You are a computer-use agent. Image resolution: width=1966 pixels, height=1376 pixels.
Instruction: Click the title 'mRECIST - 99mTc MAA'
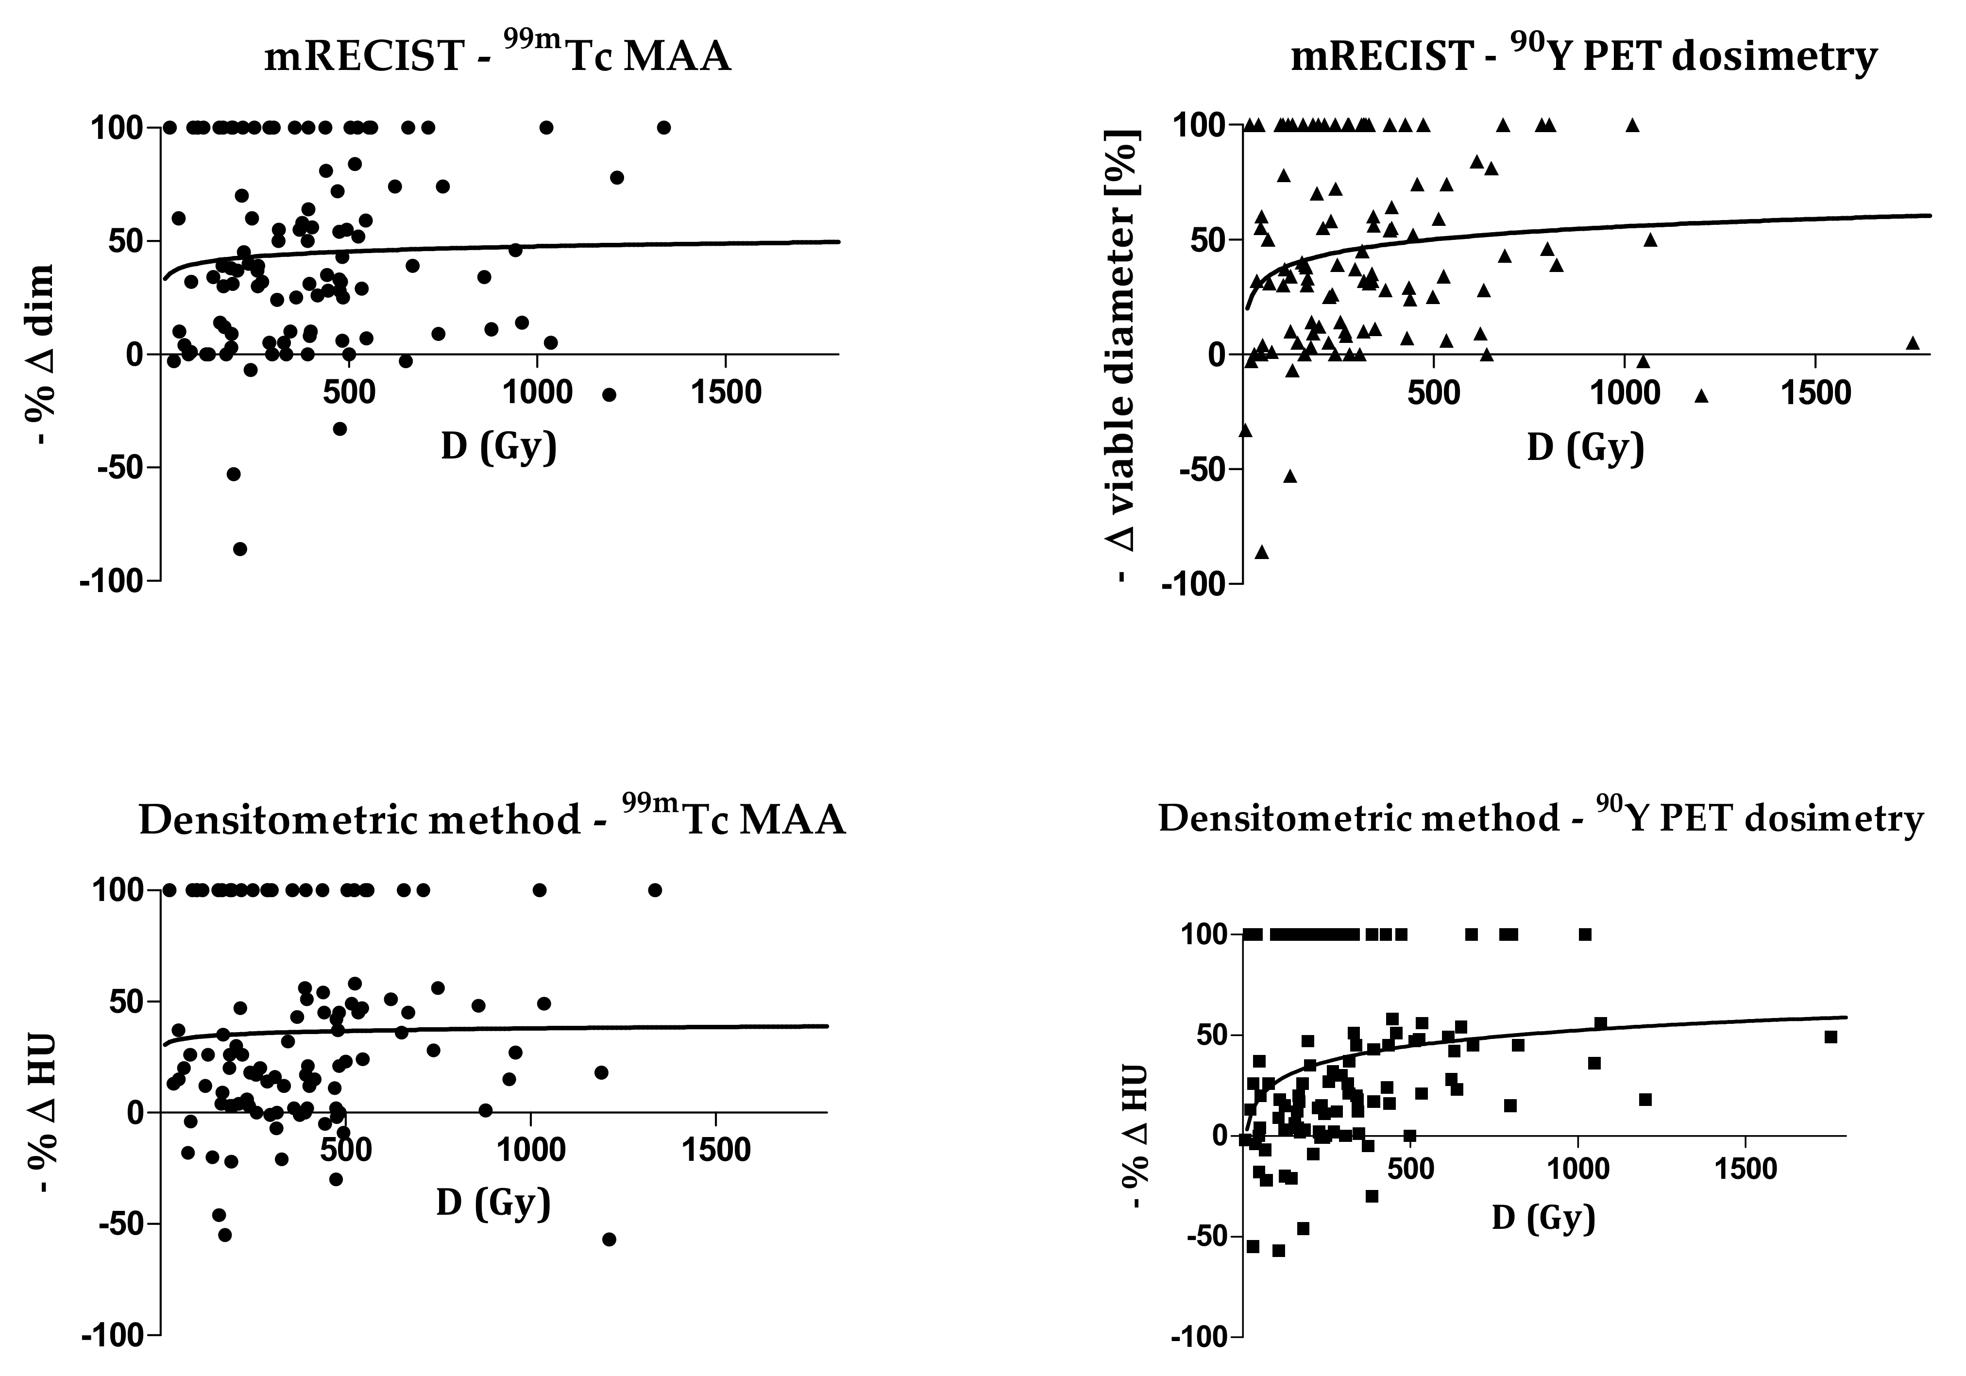(x=497, y=56)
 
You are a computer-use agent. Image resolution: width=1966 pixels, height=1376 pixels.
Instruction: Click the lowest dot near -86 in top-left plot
(x=240, y=549)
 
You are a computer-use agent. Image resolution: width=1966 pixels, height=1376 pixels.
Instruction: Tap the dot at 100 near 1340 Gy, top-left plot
(x=663, y=128)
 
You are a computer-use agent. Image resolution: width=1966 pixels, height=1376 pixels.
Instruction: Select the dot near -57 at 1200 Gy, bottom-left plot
(x=609, y=1239)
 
